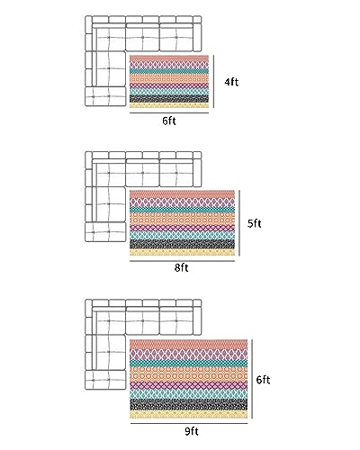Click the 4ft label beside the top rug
(231, 82)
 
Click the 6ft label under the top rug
(169, 121)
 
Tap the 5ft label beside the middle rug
(255, 223)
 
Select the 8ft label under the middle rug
(182, 267)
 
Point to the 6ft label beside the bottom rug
(263, 380)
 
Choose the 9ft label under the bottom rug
(192, 431)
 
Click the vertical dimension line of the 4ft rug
(214, 81)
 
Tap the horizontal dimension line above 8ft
(182, 261)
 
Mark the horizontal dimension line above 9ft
(189, 424)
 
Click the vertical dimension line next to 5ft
(239, 223)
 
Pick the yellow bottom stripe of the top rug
(169, 105)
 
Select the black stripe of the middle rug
(182, 244)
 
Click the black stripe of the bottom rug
(189, 405)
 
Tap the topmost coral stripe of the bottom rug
(189, 345)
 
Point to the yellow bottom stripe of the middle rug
(182, 252)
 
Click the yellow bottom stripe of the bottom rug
(189, 415)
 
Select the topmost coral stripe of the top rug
(169, 58)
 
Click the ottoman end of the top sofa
(105, 96)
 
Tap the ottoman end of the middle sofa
(105, 231)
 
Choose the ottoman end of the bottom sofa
(105, 380)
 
